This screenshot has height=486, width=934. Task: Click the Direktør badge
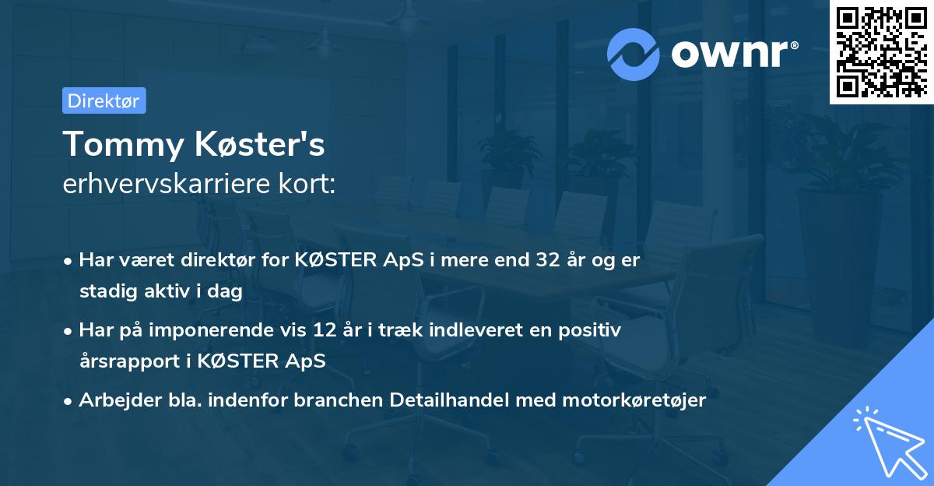104,100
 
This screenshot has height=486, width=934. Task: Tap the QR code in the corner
880,51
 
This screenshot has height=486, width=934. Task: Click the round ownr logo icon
634,54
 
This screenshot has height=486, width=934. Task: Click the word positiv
592,330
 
